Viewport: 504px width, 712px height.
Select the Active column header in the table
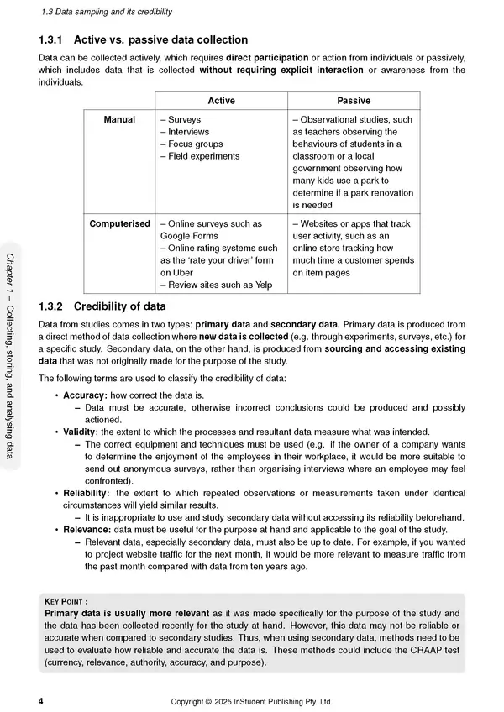pyautogui.click(x=221, y=101)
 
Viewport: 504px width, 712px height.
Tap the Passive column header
pyautogui.click(x=353, y=101)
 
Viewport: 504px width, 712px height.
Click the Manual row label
pyautogui.click(x=119, y=120)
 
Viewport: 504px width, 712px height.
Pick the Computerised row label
pyautogui.click(x=120, y=224)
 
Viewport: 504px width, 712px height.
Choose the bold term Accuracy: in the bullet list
pyautogui.click(x=87, y=395)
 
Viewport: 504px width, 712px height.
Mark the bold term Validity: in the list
pyautogui.click(x=82, y=432)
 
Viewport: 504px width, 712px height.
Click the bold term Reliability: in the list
pyautogui.click(x=88, y=493)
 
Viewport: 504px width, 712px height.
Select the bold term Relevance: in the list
pyautogui.click(x=87, y=530)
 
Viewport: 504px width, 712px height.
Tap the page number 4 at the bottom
pyautogui.click(x=41, y=701)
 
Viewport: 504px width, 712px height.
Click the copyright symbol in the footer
pyautogui.click(x=218, y=701)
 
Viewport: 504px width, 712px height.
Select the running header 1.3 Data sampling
pyautogui.click(x=101, y=12)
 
